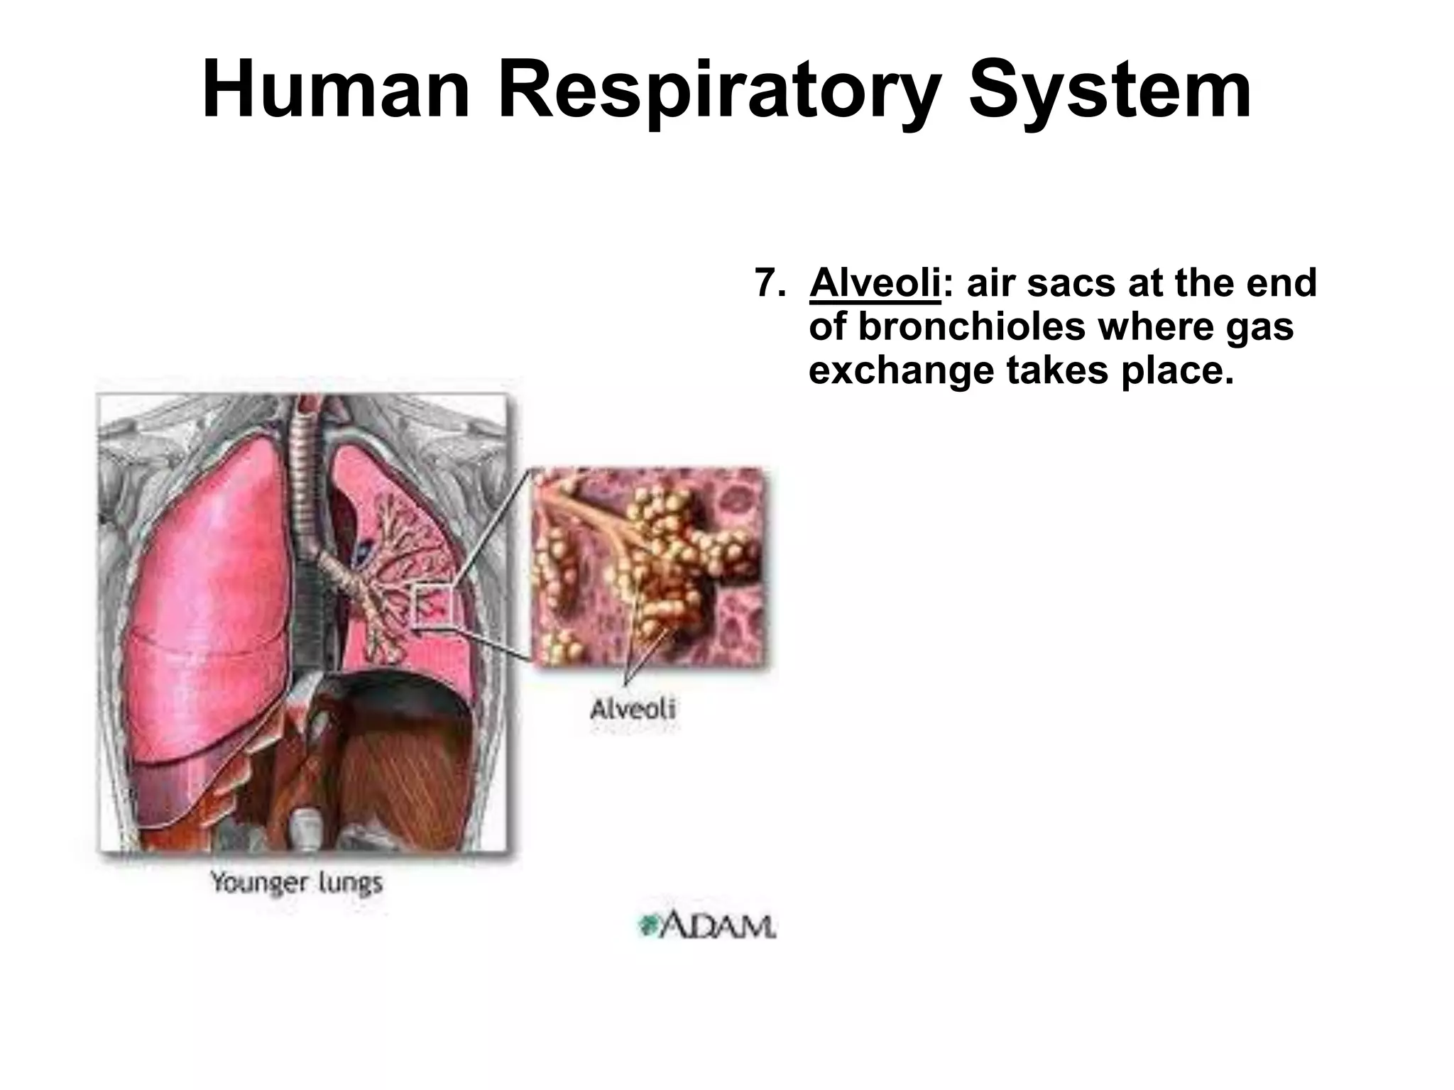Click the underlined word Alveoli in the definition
875,283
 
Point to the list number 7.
769,283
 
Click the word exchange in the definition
901,372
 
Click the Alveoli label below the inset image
633,709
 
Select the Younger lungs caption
296,883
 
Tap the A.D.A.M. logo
706,927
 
